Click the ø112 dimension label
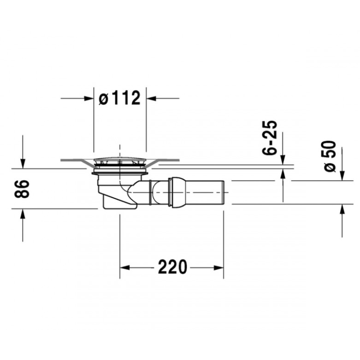coord(119,98)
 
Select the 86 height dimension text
coord(22,189)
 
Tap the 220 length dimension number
coord(172,267)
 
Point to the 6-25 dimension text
coord(270,138)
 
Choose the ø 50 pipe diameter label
coord(330,156)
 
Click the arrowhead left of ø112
coord(89,99)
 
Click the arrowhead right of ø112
coord(151,99)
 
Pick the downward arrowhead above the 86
coord(22,163)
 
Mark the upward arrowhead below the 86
coord(22,214)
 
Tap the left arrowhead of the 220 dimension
coord(125,268)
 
